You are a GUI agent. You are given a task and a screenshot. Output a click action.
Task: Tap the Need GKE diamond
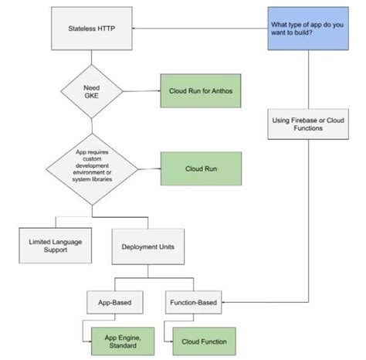(92, 91)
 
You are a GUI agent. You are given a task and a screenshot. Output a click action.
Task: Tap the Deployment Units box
(148, 247)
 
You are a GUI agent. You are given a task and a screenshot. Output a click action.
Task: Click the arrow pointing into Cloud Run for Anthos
(151, 91)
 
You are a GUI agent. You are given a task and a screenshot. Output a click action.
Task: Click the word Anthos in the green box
(219, 91)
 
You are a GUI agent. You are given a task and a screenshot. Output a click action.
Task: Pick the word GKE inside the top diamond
(92, 97)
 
